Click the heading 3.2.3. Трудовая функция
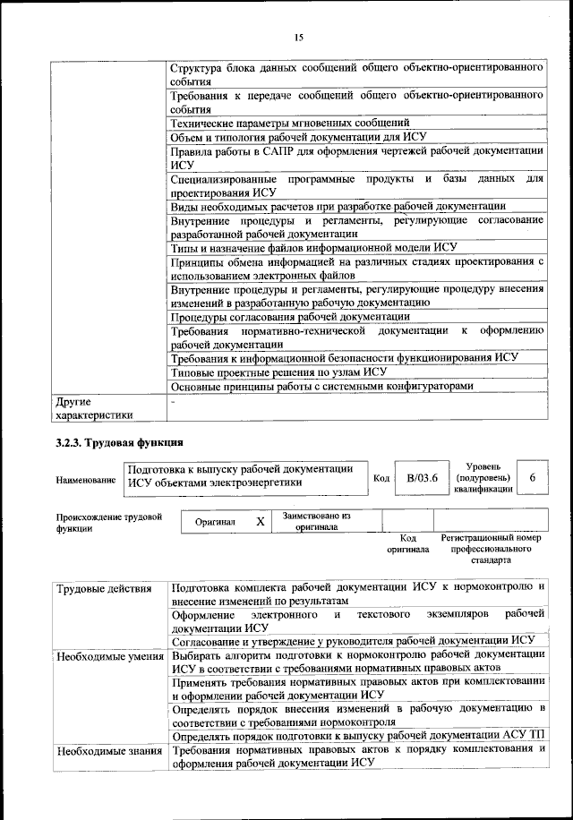pyautogui.click(x=120, y=442)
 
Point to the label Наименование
pyautogui.click(x=86, y=480)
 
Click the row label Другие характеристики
pyautogui.click(x=94, y=408)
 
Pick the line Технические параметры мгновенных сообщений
pyautogui.click(x=290, y=123)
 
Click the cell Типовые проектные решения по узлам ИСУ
pyautogui.click(x=278, y=372)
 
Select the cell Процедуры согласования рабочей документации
pyautogui.click(x=290, y=316)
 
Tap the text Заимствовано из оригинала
pyautogui.click(x=316, y=521)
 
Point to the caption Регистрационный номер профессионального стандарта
pyautogui.click(x=492, y=549)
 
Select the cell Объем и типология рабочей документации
pyautogui.click(x=298, y=137)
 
